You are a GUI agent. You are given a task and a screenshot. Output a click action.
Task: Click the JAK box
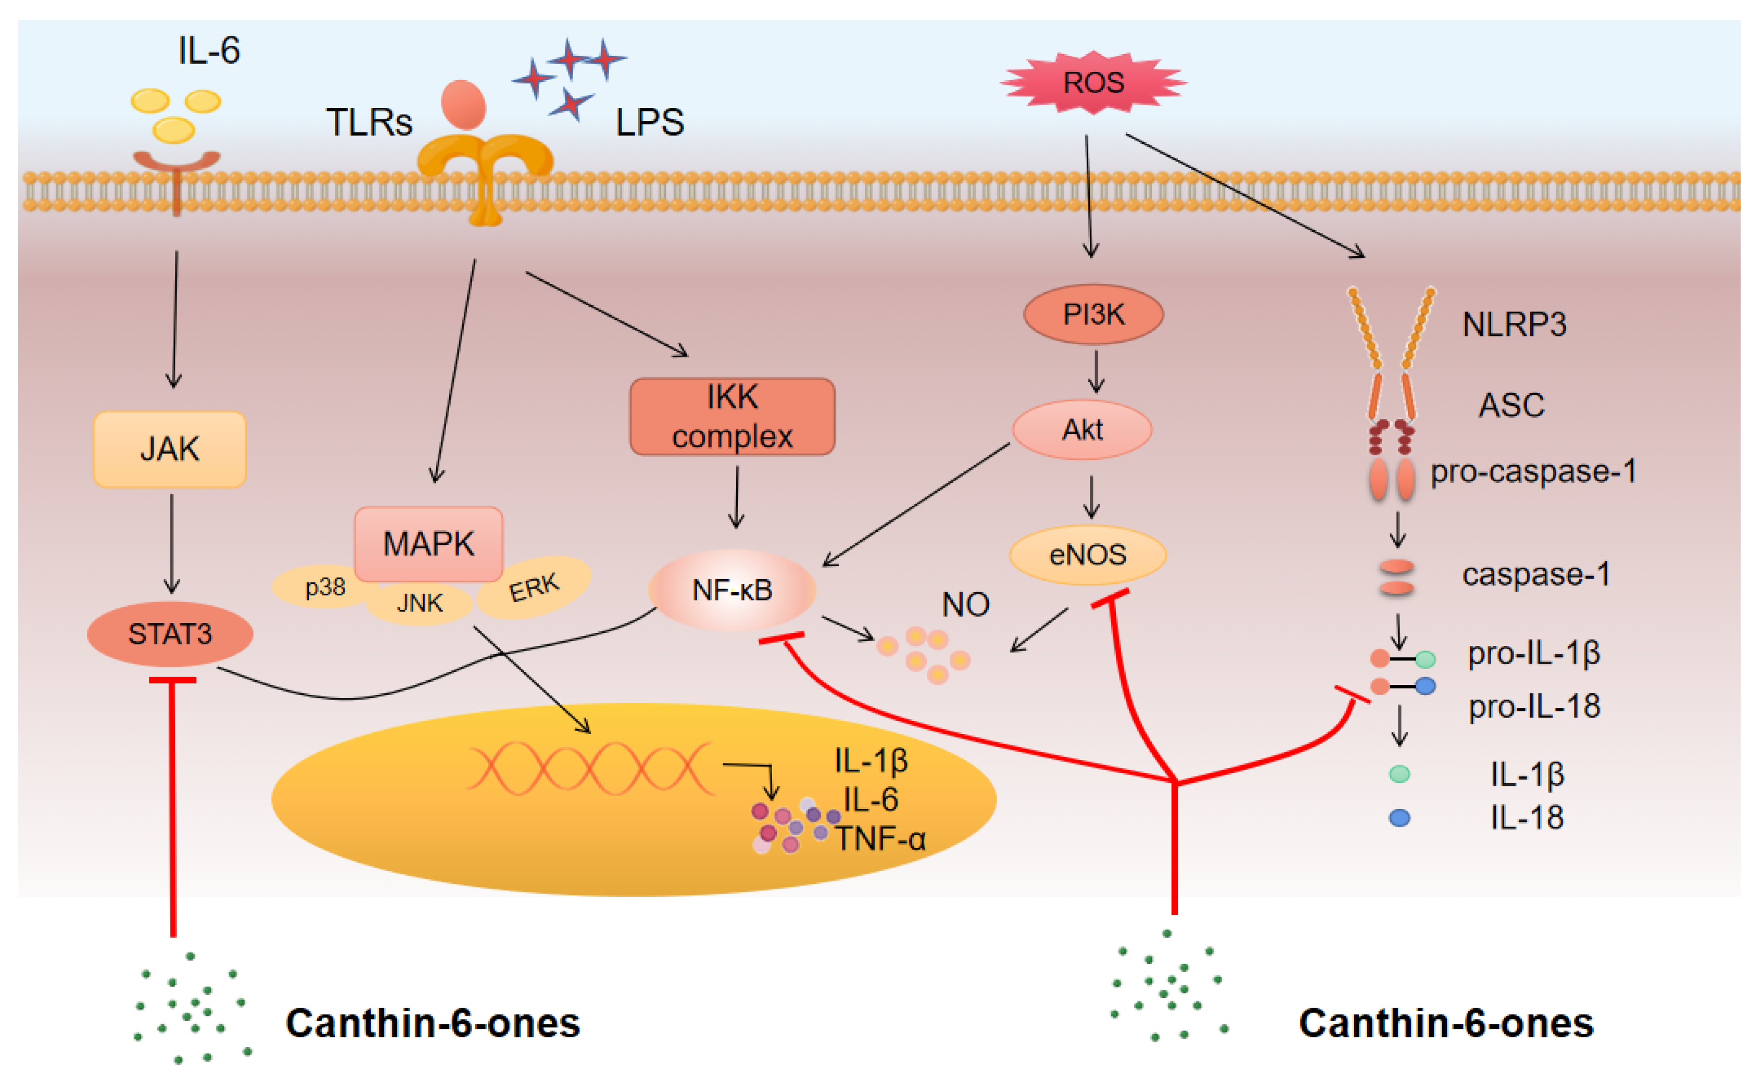pyautogui.click(x=170, y=450)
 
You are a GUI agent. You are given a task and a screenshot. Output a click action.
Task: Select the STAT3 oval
pyautogui.click(x=170, y=634)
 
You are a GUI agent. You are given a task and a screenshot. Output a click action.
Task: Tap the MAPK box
pyautogui.click(x=429, y=544)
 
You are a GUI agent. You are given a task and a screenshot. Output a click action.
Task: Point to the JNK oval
pyautogui.click(x=420, y=603)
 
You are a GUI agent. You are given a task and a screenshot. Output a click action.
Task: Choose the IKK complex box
pyautogui.click(x=732, y=417)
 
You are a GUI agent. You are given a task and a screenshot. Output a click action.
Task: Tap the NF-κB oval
pyautogui.click(x=732, y=590)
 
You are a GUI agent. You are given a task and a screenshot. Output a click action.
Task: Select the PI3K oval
pyautogui.click(x=1093, y=314)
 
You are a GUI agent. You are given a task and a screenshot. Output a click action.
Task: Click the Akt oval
pyautogui.click(x=1083, y=429)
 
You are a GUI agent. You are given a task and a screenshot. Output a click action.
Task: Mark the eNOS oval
pyautogui.click(x=1087, y=555)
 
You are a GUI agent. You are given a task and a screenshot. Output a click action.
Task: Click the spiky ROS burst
pyautogui.click(x=1093, y=82)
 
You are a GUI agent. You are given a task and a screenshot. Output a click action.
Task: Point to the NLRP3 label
pyautogui.click(x=1514, y=325)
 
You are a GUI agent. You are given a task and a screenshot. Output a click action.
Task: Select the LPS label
pyautogui.click(x=650, y=122)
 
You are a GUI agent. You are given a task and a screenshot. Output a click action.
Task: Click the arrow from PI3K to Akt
pyautogui.click(x=1095, y=371)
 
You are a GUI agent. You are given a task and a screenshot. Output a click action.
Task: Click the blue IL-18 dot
pyautogui.click(x=1399, y=818)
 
